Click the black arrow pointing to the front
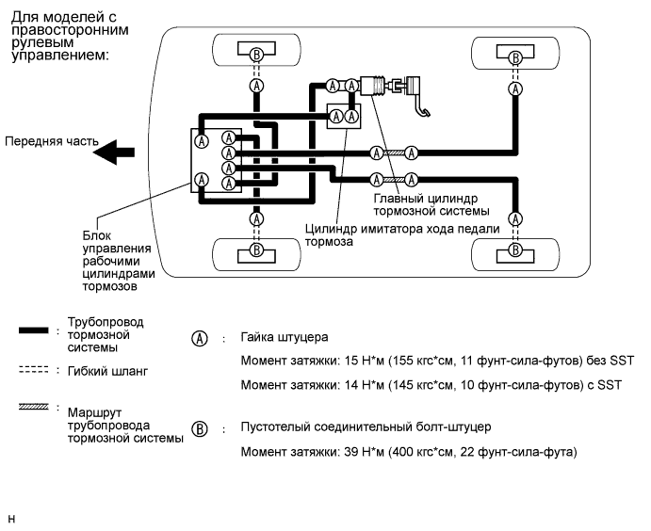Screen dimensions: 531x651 click(x=120, y=152)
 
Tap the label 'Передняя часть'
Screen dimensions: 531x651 click(x=51, y=142)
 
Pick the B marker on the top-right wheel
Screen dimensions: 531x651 click(x=514, y=57)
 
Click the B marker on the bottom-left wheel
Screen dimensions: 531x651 click(x=256, y=250)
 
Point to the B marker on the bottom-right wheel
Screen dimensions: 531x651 click(x=514, y=249)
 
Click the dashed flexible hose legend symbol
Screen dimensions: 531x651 click(x=35, y=370)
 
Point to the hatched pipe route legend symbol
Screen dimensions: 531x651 click(x=35, y=408)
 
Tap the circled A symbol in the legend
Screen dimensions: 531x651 click(x=199, y=338)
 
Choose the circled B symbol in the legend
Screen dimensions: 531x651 click(x=199, y=429)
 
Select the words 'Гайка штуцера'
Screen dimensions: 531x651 click(x=279, y=338)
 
